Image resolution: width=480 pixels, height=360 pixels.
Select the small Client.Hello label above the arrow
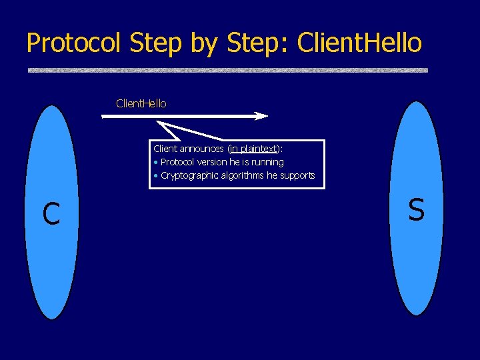pos(141,103)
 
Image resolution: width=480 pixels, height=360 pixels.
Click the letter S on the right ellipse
pos(416,209)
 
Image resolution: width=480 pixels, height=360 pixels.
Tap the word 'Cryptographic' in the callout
pos(188,175)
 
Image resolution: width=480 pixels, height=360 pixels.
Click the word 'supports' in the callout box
pos(296,175)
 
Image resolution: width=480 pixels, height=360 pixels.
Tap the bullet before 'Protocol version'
pos(155,163)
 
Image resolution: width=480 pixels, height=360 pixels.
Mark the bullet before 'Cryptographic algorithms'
pos(155,176)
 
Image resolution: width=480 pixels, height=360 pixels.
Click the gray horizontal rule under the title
pos(227,70)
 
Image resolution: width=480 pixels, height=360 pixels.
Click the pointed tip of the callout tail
pos(158,122)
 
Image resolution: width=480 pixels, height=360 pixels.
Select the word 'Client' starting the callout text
pos(167,149)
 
